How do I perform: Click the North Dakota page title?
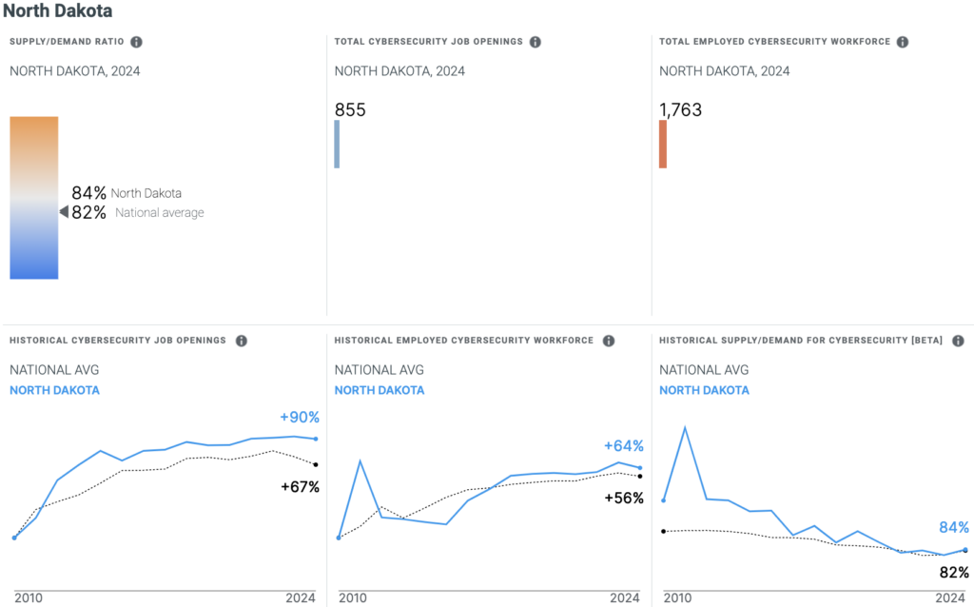pyautogui.click(x=58, y=12)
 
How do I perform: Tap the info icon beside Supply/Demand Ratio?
pyautogui.click(x=137, y=42)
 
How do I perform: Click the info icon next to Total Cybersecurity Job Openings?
pyautogui.click(x=536, y=42)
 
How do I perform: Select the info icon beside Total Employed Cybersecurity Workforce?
pyautogui.click(x=903, y=42)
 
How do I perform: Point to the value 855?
pyautogui.click(x=350, y=110)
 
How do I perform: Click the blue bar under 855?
pyautogui.click(x=337, y=145)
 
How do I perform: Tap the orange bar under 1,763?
pyautogui.click(x=663, y=145)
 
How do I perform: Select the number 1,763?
pyautogui.click(x=681, y=110)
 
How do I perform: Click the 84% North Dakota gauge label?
pyautogui.click(x=126, y=193)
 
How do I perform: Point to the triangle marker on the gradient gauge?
pyautogui.click(x=64, y=212)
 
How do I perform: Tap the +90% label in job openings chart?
pyautogui.click(x=300, y=418)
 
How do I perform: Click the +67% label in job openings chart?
pyautogui.click(x=300, y=487)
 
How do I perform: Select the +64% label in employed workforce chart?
pyautogui.click(x=624, y=446)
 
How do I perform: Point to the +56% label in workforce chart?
pyautogui.click(x=624, y=498)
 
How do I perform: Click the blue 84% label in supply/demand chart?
pyautogui.click(x=954, y=528)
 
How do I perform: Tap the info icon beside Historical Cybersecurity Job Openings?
pyautogui.click(x=242, y=341)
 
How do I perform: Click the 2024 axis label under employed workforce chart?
pyautogui.click(x=624, y=598)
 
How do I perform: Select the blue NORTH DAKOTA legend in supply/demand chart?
pyautogui.click(x=704, y=390)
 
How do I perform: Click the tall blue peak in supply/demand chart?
pyautogui.click(x=685, y=428)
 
